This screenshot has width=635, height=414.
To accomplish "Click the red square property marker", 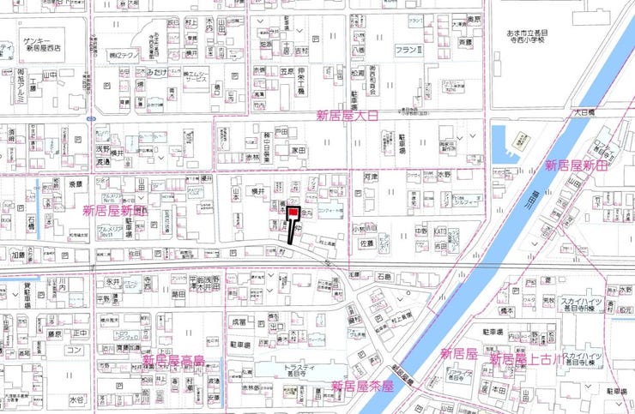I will [x=293, y=212].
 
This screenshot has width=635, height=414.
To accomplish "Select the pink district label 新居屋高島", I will [x=174, y=361].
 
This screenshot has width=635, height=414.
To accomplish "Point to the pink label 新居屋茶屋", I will [x=361, y=385].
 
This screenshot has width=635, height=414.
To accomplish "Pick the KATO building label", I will [x=440, y=231].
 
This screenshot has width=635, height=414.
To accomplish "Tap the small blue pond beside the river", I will [x=504, y=141].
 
